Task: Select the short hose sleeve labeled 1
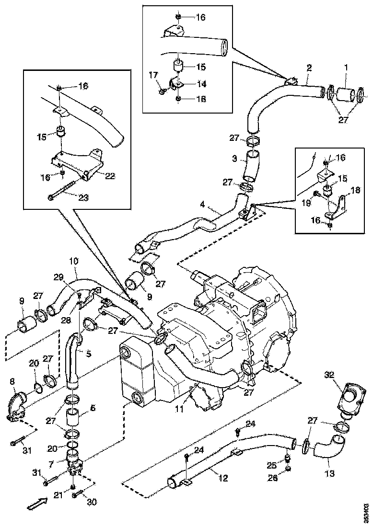(x=346, y=94)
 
